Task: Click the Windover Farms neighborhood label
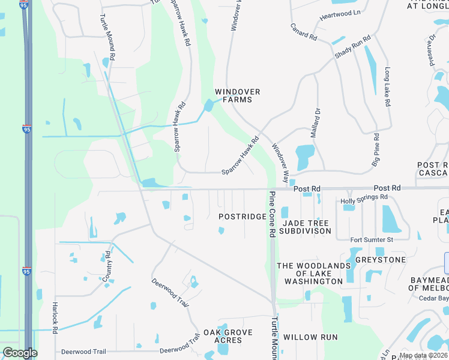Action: tap(238, 96)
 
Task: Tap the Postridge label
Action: tap(242, 217)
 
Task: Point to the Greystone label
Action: tap(380, 260)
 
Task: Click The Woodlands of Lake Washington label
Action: tap(313, 274)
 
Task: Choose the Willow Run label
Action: tap(310, 338)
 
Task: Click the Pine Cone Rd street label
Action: tap(272, 213)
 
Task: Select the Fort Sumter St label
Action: tap(372, 240)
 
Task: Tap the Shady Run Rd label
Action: tap(353, 47)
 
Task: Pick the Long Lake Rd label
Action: tap(387, 87)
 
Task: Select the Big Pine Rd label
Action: tap(375, 149)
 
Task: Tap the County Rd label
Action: tap(107, 266)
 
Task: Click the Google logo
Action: tap(20, 353)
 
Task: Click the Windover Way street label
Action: tap(281, 160)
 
